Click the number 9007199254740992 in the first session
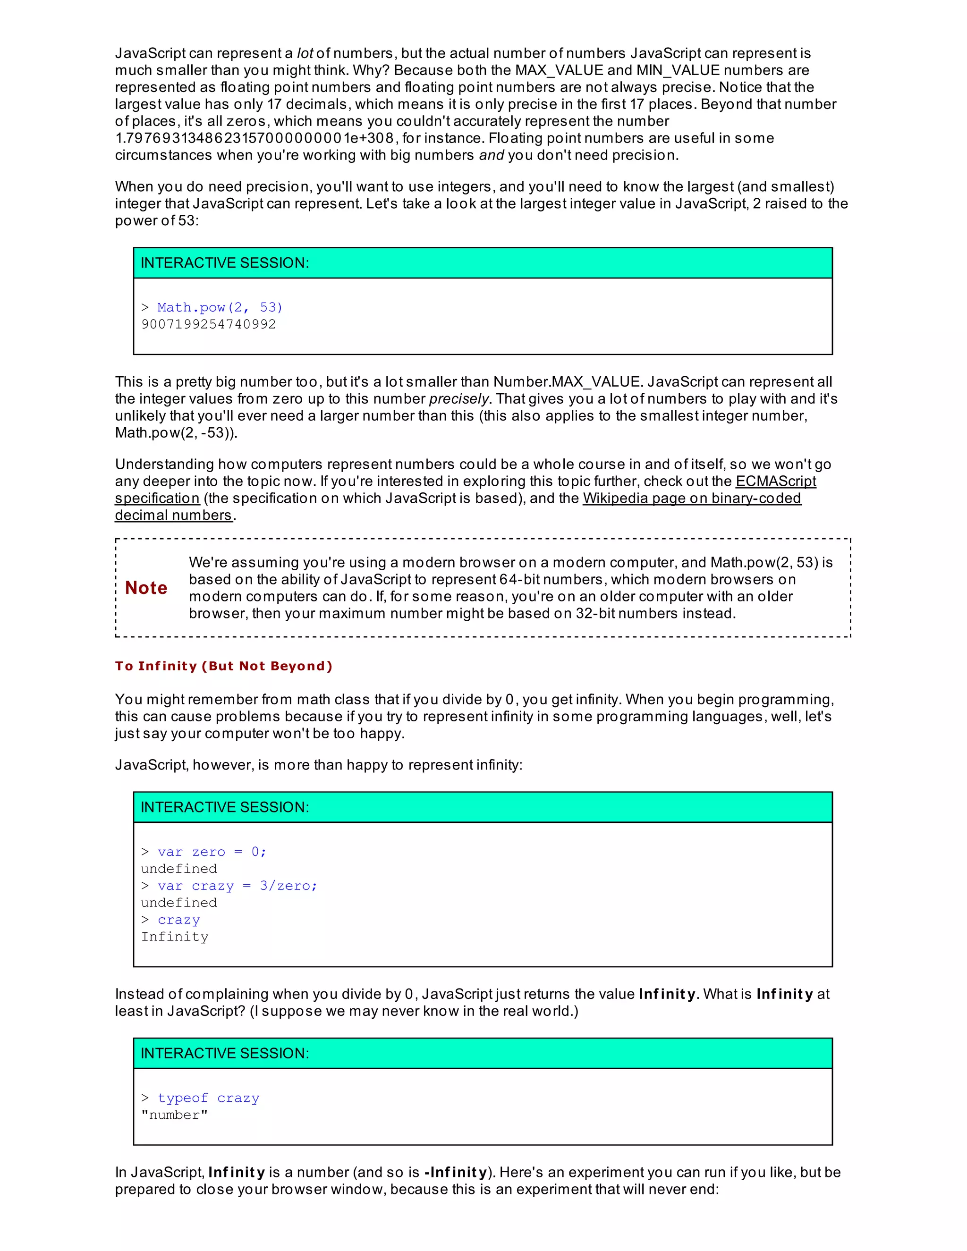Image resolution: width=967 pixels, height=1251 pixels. click(x=209, y=324)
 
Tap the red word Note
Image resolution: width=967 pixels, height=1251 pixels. click(x=146, y=588)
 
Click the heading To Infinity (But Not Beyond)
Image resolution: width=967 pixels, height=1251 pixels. click(x=223, y=666)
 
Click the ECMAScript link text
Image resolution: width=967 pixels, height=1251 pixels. click(x=776, y=481)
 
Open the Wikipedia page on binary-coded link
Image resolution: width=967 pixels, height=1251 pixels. click(x=691, y=499)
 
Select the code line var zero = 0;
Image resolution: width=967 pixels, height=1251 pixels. click(x=212, y=852)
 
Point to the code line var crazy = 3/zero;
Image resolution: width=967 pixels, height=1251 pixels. click(x=237, y=886)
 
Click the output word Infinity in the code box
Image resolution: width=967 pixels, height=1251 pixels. click(x=175, y=937)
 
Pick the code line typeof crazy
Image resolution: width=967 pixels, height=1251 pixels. click(x=208, y=1098)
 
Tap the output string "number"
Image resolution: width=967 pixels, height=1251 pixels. click(x=174, y=1115)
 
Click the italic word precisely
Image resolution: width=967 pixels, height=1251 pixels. click(x=458, y=399)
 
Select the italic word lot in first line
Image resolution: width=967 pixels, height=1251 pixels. click(x=305, y=53)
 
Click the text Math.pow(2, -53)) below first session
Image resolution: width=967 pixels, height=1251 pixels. click(x=176, y=432)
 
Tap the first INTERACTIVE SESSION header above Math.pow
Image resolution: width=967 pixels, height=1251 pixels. click(x=225, y=263)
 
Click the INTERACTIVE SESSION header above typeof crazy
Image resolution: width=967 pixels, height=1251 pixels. click(x=225, y=1053)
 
